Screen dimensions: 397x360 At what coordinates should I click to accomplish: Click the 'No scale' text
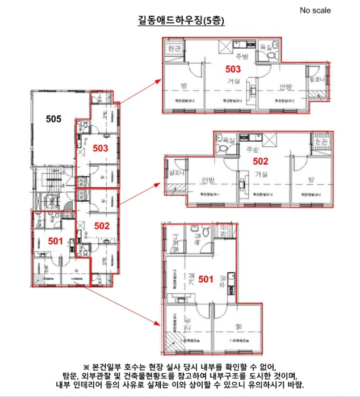(x=315, y=10)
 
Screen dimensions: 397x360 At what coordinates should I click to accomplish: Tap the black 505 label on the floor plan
(x=54, y=119)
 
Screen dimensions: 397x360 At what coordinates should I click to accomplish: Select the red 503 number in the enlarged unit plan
(x=233, y=70)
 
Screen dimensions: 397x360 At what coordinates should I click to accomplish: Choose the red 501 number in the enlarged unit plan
(x=206, y=279)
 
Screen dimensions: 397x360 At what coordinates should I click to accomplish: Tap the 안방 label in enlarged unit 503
(x=284, y=87)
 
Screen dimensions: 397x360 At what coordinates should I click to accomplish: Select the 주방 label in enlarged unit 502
(x=252, y=150)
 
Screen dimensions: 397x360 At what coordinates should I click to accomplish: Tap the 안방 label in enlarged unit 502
(x=208, y=180)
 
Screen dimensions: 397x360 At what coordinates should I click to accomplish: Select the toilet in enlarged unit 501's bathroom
(x=195, y=231)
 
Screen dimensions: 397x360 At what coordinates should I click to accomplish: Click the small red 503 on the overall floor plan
(x=100, y=149)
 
